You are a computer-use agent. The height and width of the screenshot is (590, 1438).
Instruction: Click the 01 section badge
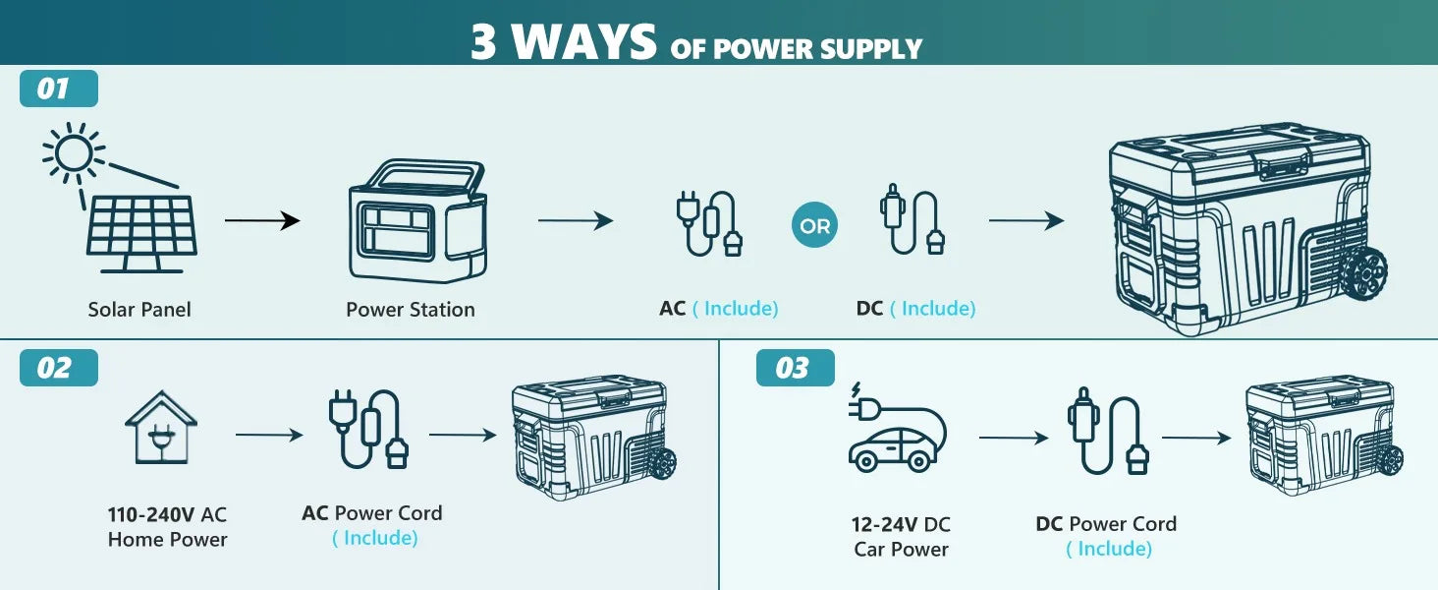(x=59, y=88)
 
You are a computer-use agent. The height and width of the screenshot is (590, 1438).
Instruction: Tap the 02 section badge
(x=59, y=368)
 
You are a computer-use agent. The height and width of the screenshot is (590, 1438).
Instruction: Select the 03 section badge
(x=796, y=368)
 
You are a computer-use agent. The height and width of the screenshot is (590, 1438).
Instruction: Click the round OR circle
(x=814, y=225)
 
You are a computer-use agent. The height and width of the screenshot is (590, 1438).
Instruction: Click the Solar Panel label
(x=139, y=309)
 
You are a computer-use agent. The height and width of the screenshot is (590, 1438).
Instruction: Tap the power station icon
(x=417, y=220)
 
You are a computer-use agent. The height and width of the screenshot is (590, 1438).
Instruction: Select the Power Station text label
(x=411, y=309)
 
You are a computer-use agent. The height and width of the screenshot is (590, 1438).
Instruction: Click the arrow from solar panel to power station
(x=262, y=220)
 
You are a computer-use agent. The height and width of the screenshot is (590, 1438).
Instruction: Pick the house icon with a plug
(x=161, y=428)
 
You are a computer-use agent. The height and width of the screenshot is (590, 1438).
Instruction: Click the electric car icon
(x=897, y=428)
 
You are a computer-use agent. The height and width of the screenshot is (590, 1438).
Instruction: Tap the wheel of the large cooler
(x=1363, y=273)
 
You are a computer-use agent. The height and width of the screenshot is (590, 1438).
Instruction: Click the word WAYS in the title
(x=583, y=41)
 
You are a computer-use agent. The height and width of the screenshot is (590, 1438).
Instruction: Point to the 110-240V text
(x=151, y=515)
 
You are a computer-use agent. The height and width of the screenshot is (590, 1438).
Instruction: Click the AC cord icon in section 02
(x=368, y=429)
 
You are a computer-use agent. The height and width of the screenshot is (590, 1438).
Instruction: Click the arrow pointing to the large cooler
(x=1026, y=220)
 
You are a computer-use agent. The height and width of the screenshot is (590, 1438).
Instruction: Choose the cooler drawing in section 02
(x=594, y=437)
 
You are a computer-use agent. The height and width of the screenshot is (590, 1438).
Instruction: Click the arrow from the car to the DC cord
(x=1014, y=438)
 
